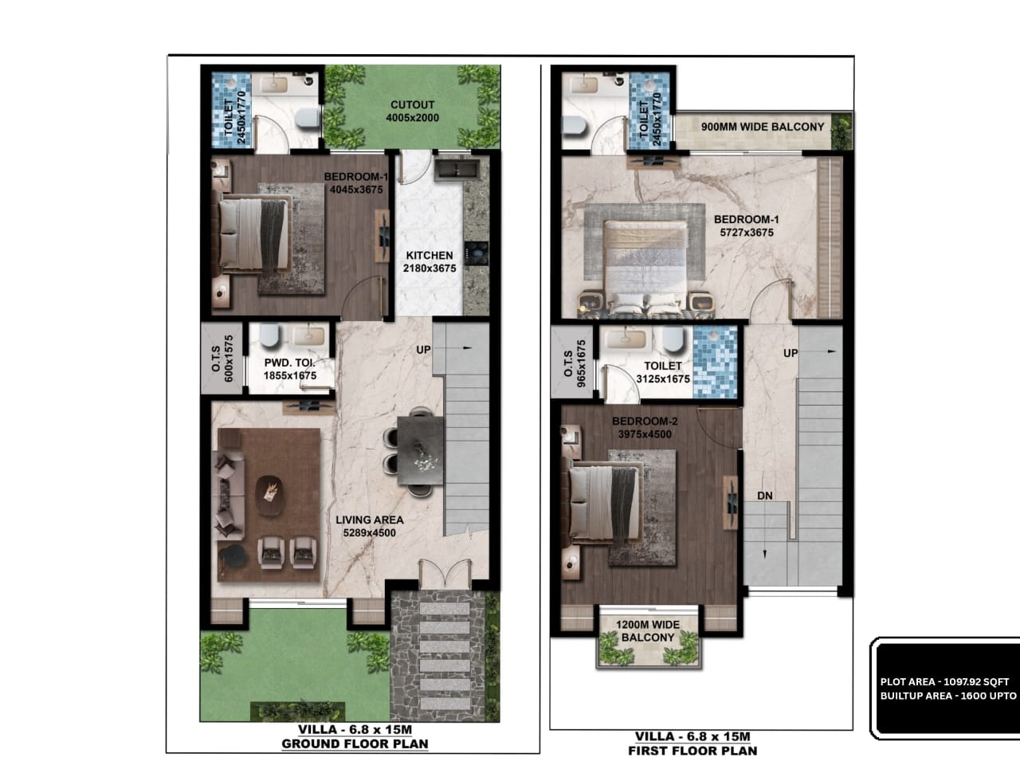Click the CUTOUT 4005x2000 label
412,111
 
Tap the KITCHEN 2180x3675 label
430,261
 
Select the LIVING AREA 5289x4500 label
370,526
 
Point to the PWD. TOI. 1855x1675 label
290,369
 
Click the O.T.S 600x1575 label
222,359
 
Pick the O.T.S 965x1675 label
575,363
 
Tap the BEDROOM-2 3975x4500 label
645,427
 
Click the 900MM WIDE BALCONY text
763,127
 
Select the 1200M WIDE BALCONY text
648,631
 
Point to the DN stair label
765,496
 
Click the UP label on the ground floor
423,349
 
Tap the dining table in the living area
420,450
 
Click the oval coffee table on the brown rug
269,495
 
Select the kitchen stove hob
476,253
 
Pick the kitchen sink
457,169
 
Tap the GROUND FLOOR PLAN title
355,743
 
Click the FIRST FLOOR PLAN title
692,751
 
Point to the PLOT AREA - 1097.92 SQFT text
944,682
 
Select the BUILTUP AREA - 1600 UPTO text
948,696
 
